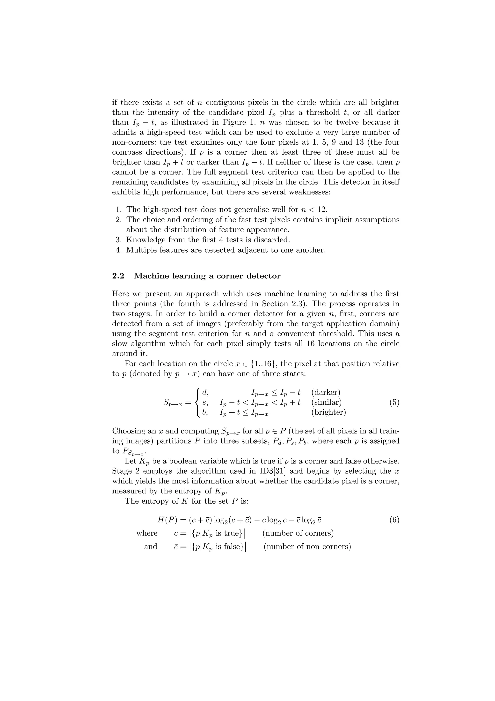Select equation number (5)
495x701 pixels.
click(394, 403)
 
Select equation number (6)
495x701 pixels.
click(394, 520)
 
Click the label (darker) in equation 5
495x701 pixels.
click(326, 392)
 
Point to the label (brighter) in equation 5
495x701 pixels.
click(328, 412)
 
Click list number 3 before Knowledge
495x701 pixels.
click(119, 240)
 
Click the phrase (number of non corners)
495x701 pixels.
click(307, 546)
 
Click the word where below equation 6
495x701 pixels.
click(147, 533)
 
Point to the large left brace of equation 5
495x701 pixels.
click(198, 403)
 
